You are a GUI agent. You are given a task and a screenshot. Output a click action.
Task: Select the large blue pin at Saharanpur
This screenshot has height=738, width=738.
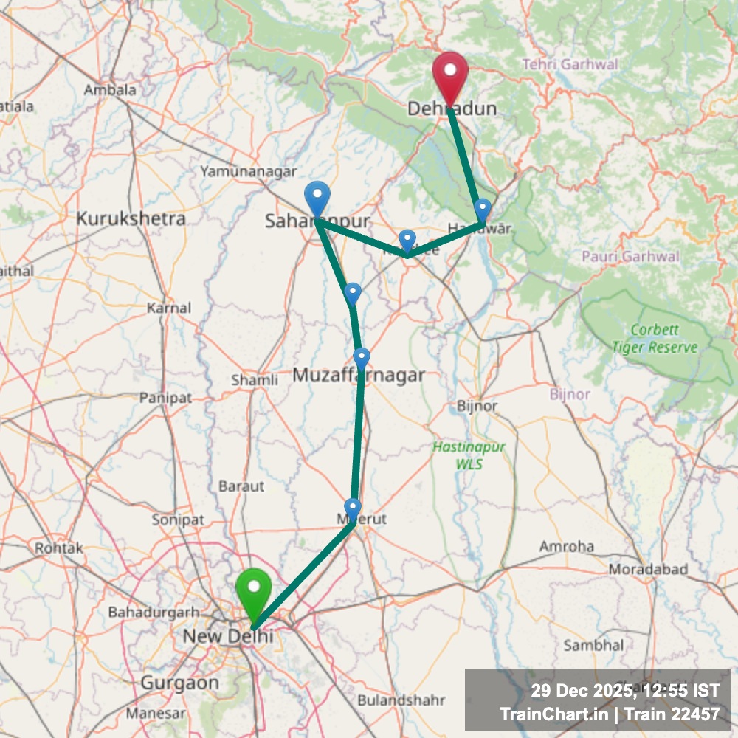(x=317, y=198)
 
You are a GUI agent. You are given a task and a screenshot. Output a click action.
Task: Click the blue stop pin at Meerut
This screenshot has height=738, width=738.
(x=353, y=508)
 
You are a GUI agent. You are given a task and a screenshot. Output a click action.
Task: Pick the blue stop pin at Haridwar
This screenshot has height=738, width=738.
(x=483, y=208)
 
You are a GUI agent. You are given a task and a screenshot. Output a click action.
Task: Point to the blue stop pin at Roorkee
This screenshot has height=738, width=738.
(x=407, y=239)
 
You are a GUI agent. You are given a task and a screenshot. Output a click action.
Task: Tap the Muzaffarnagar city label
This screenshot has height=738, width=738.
(x=359, y=376)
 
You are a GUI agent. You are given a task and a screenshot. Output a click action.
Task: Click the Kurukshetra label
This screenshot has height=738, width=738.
(x=131, y=218)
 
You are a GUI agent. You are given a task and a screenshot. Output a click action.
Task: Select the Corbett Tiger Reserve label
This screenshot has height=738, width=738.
(x=655, y=338)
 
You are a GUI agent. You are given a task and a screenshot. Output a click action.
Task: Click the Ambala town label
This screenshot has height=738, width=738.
(x=110, y=90)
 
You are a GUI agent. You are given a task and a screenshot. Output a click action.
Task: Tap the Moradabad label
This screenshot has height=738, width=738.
(x=648, y=570)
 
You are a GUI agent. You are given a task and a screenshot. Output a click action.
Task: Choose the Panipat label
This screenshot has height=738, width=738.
(x=165, y=398)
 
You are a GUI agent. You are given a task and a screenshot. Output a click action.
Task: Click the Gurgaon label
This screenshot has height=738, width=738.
(x=180, y=683)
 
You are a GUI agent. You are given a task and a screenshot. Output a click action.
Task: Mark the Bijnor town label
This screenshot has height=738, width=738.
(x=477, y=406)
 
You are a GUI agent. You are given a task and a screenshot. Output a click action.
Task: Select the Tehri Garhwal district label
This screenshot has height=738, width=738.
(x=570, y=65)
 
